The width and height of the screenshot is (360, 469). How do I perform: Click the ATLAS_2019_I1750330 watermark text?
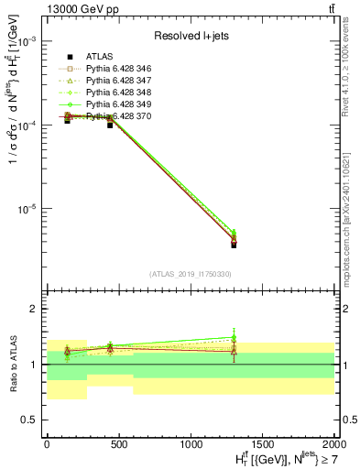[190, 274]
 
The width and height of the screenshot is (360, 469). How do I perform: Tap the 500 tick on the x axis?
[118, 442]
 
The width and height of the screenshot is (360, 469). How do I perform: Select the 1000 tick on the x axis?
[190, 442]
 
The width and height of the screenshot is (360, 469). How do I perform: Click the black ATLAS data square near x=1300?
[234, 245]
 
